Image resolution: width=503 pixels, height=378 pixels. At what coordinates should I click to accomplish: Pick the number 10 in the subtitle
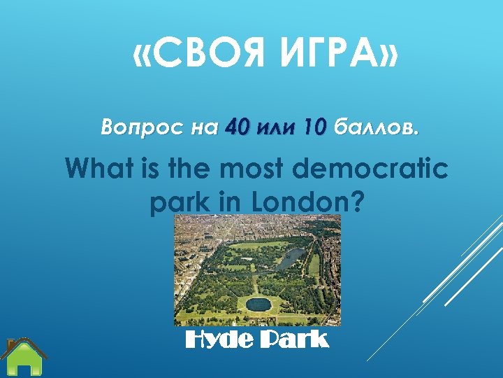tap(314, 128)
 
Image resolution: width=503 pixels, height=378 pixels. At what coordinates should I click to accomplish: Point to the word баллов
tap(378, 128)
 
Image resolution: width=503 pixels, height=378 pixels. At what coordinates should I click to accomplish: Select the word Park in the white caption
tap(294, 340)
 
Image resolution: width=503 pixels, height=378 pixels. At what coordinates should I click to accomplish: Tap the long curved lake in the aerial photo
tap(289, 258)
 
